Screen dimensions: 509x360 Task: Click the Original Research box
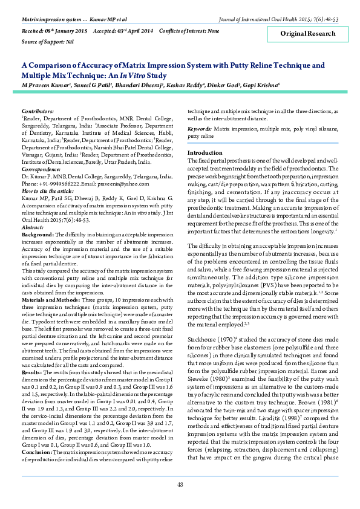click(312, 34)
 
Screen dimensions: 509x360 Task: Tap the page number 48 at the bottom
click(180, 485)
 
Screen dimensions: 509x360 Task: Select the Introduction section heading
click(205, 153)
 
